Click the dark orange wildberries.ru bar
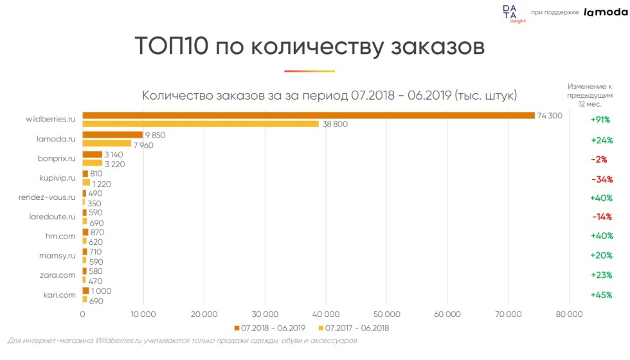(309, 116)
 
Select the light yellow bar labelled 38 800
(201, 124)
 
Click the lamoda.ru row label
(57, 139)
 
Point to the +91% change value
(600, 120)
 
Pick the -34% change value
(600, 178)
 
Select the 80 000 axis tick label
(569, 314)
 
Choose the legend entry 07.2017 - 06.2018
(357, 328)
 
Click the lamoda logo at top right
(606, 12)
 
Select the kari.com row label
(59, 294)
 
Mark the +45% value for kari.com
(600, 295)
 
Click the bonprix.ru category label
(57, 158)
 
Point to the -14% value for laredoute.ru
(600, 217)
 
